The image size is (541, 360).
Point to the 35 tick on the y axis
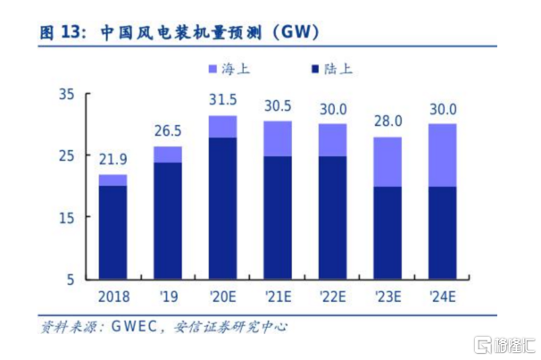click(x=68, y=94)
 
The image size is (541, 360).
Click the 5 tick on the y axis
click(x=72, y=280)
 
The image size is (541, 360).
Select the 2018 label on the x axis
click(x=112, y=297)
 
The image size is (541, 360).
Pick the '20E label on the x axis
click(x=223, y=297)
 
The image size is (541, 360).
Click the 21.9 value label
click(x=113, y=161)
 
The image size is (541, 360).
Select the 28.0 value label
click(x=387, y=122)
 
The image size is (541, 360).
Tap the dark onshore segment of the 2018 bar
click(x=112, y=232)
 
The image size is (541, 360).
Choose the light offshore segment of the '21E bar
click(x=278, y=138)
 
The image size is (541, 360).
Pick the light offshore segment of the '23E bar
click(x=387, y=162)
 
